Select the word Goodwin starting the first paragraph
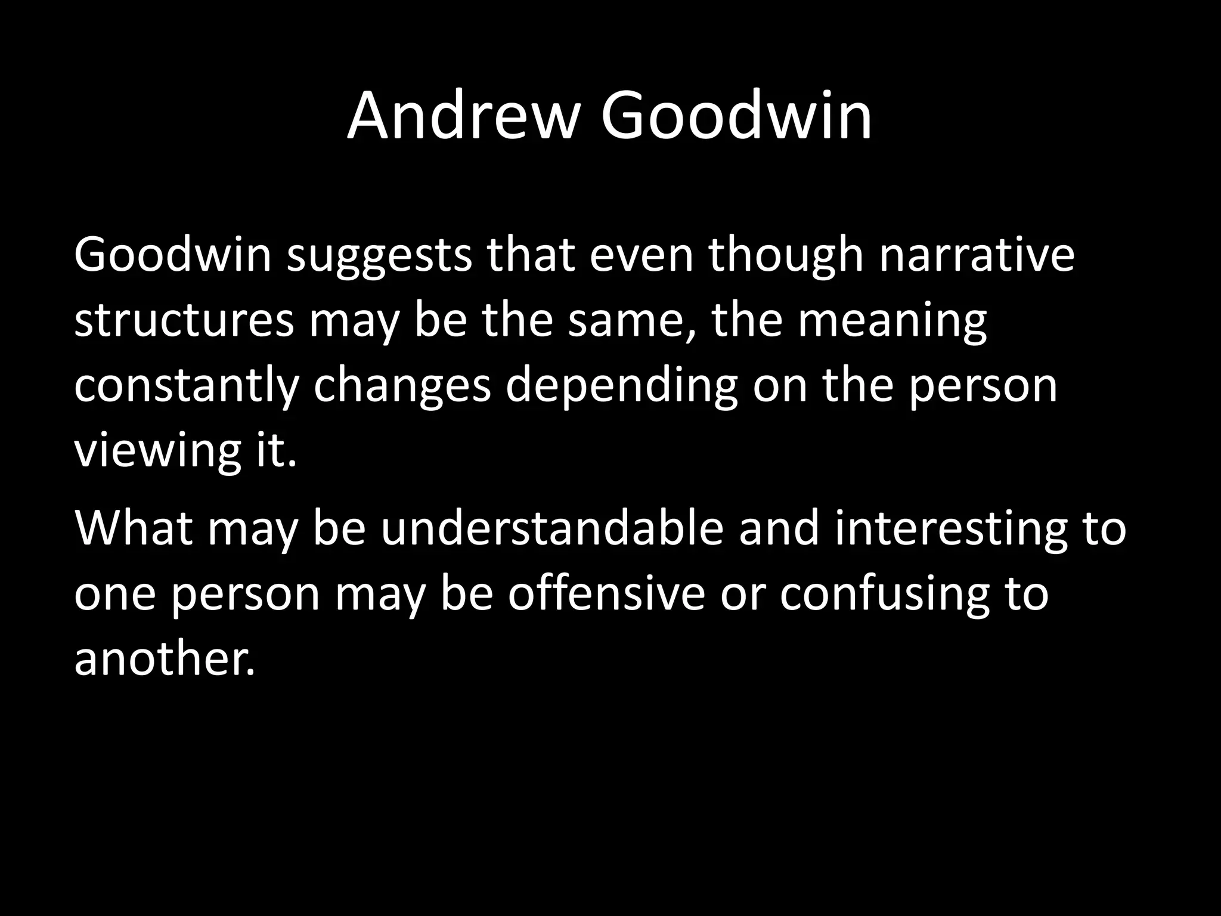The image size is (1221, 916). coord(172,255)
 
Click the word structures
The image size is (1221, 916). coord(184,320)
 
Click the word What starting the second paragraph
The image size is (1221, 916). coord(134,528)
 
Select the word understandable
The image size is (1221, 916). coord(552,528)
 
